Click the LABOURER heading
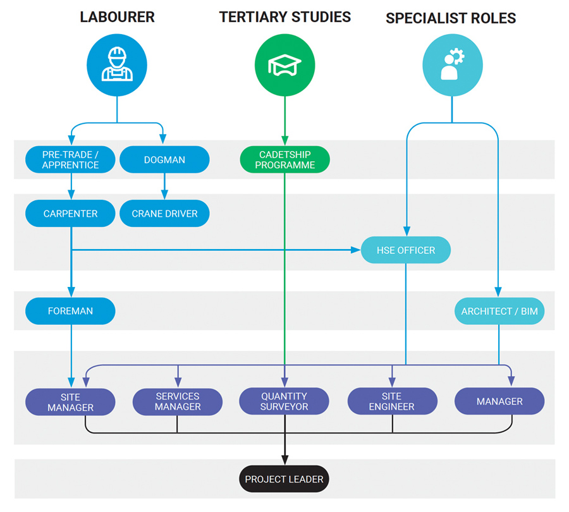[x=117, y=17]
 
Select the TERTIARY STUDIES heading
[x=284, y=17]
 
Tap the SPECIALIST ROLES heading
[x=451, y=18]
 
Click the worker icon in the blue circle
[x=117, y=64]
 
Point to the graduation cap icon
[x=284, y=64]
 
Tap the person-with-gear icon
[x=452, y=64]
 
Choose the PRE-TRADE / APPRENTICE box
[x=71, y=160]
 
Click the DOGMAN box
[x=164, y=160]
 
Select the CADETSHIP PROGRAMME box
[x=284, y=160]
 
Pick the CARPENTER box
[x=71, y=214]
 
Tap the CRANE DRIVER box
[x=164, y=214]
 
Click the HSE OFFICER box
[x=406, y=250]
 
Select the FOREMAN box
[x=71, y=311]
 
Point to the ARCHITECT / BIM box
[x=499, y=312]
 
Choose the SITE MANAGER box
[x=71, y=401]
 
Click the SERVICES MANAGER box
[x=178, y=401]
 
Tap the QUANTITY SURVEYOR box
[x=284, y=401]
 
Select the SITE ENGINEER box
[x=392, y=401]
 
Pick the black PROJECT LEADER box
[x=284, y=479]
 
